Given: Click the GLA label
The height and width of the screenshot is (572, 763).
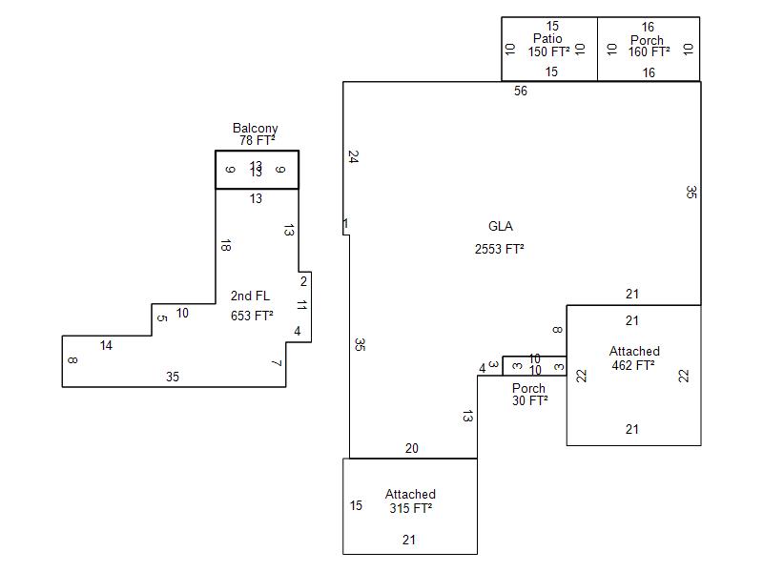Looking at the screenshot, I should coord(500,227).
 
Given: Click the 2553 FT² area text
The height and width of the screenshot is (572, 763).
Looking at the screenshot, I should coord(500,249).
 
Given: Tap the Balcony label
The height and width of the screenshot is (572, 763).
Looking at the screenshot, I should coord(256,128).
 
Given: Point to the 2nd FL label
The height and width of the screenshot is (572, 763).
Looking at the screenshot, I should coord(250,296).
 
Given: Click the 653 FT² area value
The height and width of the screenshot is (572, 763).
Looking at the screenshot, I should coord(252,316).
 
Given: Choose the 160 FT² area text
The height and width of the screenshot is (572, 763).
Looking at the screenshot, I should coord(650,51).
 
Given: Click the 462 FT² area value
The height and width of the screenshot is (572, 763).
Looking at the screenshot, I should coord(633,364).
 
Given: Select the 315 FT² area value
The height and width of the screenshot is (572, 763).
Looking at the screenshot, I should coord(410,508).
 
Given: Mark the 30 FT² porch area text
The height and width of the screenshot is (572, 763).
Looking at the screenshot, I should coord(529,400).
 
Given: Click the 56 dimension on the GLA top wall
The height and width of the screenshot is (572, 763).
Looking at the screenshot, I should coord(520,92).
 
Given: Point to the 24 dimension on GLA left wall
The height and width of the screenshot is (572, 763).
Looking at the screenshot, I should coord(354,155).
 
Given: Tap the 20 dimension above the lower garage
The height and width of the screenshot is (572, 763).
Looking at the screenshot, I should coord(411,448).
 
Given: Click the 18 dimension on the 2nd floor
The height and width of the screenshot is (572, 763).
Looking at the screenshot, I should coord(225,246).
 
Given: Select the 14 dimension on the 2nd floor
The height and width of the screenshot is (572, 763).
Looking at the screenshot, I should coord(106,346).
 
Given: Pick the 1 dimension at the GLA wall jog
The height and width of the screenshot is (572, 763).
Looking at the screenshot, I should coord(345,224).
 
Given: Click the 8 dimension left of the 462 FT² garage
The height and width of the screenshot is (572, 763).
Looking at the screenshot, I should coord(557,330).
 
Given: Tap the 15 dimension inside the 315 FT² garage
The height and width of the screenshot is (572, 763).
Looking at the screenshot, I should coord(356,505).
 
